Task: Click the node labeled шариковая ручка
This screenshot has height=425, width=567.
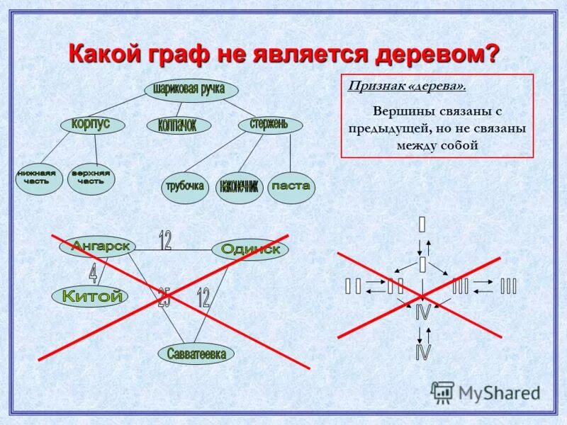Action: pyautogui.click(x=191, y=90)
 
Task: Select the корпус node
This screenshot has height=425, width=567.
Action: pyautogui.click(x=92, y=124)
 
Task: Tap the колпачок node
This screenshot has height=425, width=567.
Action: pyautogui.click(x=181, y=125)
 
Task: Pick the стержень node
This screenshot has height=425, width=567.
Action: pyautogui.click(x=269, y=125)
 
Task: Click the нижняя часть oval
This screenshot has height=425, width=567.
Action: pyautogui.click(x=38, y=178)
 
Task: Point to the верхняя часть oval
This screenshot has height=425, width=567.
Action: pyautogui.click(x=91, y=178)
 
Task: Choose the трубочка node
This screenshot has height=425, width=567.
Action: pyautogui.click(x=186, y=187)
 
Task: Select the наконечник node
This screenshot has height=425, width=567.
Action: pyautogui.click(x=239, y=187)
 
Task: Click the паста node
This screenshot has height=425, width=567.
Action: pyautogui.click(x=291, y=187)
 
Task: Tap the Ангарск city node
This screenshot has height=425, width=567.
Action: pyautogui.click(x=98, y=246)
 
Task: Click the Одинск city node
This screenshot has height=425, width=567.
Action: pyautogui.click(x=250, y=249)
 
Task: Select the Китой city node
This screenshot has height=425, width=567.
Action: pyautogui.click(x=88, y=297)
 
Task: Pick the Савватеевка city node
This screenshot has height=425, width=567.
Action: pyautogui.click(x=196, y=353)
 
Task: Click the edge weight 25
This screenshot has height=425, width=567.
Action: pyautogui.click(x=164, y=298)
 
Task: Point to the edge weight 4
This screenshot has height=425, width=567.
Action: pyautogui.click(x=93, y=273)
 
